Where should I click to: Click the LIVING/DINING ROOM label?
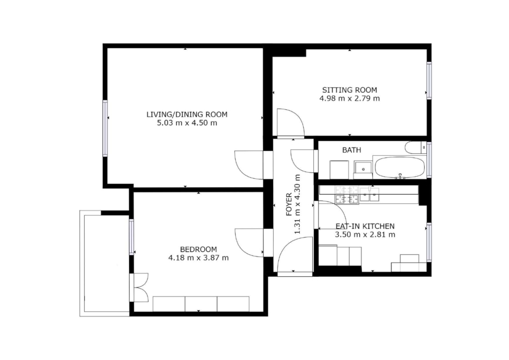point(187,114)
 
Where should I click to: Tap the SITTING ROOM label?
point(350,90)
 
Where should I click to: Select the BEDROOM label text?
point(199,250)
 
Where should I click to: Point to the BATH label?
point(352,150)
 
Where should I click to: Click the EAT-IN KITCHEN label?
point(365,226)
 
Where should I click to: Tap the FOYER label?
point(289,205)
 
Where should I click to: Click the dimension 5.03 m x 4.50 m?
point(187,123)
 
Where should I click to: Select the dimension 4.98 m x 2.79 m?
point(350,98)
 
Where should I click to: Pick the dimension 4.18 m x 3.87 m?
point(199,258)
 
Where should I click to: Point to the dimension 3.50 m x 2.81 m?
point(365,234)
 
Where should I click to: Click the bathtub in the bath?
point(400,168)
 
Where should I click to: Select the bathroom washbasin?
point(363,169)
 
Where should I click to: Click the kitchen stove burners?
point(347,195)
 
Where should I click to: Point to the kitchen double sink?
point(369,194)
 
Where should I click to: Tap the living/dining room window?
point(105,128)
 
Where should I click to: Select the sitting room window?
point(429,80)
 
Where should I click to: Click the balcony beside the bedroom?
point(105,263)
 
